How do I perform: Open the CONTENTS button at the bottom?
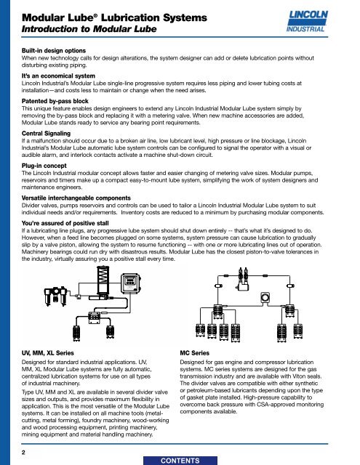click(180, 458)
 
